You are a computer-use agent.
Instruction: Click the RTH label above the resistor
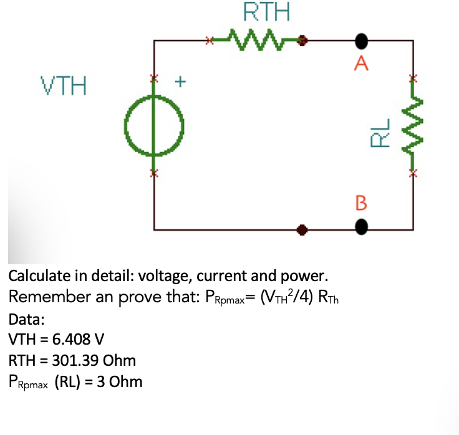[x=258, y=12]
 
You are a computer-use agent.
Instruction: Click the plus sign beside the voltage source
[x=181, y=80]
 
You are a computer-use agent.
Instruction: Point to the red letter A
[x=362, y=62]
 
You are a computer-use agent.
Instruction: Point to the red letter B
[x=362, y=203]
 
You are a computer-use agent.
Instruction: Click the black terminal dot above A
[x=362, y=41]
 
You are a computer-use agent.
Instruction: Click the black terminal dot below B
[x=362, y=229]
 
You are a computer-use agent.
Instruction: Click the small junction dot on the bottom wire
[x=302, y=229]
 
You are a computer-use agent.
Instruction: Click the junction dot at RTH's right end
[x=303, y=41]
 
